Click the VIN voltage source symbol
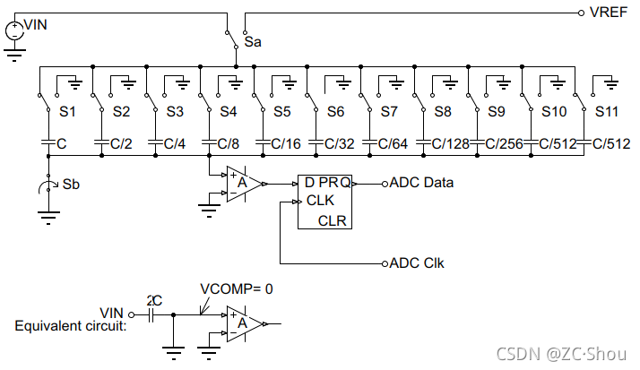[14, 31]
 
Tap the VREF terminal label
[608, 13]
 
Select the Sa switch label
[253, 42]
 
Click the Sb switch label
[71, 185]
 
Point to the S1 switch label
[67, 111]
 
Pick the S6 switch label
[335, 111]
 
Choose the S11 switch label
[607, 111]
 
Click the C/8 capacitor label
[229, 143]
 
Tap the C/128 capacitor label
[450, 143]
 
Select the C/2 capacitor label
[121, 143]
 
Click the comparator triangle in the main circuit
[245, 184]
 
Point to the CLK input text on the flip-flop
[320, 201]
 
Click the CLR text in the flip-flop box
[333, 220]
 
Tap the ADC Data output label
[421, 183]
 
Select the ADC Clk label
[417, 263]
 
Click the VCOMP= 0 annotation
[237, 288]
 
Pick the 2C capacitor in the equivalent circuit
[151, 314]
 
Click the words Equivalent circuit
[71, 326]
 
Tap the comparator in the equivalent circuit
[245, 324]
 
